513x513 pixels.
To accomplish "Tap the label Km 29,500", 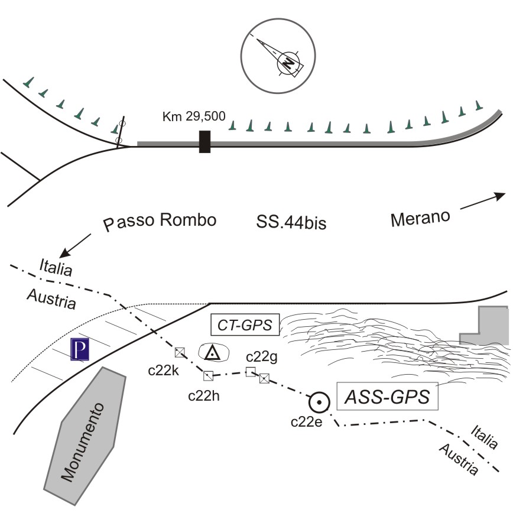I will (x=194, y=116).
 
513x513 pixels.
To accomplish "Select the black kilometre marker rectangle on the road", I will (x=205, y=142).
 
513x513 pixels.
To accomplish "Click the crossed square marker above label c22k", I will (x=181, y=353).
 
